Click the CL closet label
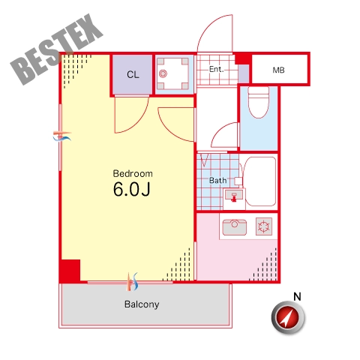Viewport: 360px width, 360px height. [133, 74]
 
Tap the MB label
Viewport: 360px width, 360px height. [278, 70]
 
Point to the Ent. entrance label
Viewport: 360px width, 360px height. [216, 69]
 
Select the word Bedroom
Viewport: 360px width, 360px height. [133, 173]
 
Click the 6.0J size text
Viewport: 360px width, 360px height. [132, 189]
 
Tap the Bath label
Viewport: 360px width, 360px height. [217, 180]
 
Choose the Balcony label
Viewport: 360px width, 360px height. [142, 304]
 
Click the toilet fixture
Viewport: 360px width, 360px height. [259, 102]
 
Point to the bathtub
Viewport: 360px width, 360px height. [260, 181]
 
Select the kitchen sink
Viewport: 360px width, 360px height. [234, 227]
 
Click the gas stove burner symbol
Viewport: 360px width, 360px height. [264, 226]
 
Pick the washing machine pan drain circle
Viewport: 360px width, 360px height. [163, 73]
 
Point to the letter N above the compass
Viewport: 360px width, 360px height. [297, 297]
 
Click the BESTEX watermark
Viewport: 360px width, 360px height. [56, 49]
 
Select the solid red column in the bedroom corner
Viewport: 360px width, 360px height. [70, 271]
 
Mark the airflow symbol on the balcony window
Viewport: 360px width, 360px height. [132, 282]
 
